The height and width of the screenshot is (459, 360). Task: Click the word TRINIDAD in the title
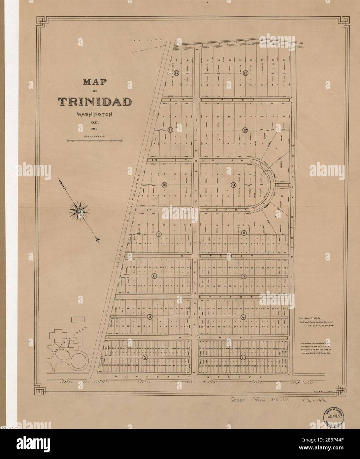point(95,102)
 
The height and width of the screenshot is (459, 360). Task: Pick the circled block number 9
point(233,185)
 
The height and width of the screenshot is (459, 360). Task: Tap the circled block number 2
point(145,358)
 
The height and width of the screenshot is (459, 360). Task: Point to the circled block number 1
point(243,358)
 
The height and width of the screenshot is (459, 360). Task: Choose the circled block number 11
point(170,130)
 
